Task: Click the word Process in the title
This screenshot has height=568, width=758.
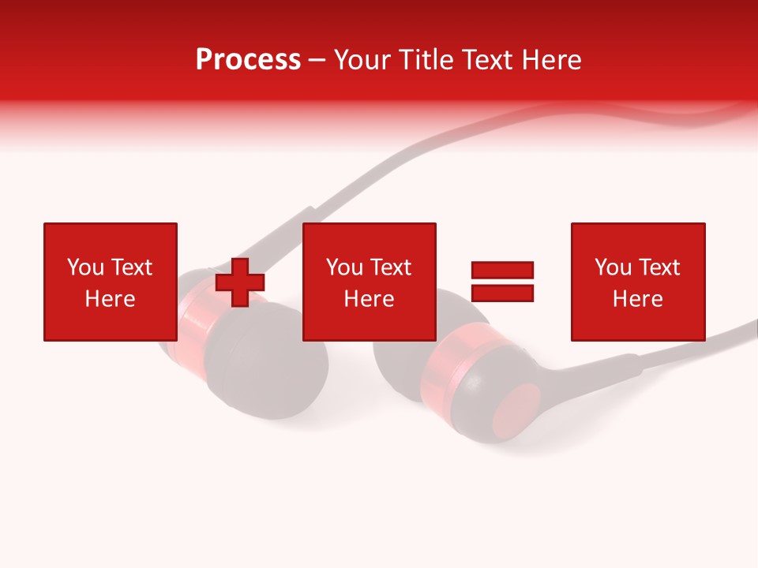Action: click(248, 60)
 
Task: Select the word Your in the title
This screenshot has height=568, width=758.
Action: click(362, 60)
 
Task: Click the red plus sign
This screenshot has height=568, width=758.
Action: click(240, 282)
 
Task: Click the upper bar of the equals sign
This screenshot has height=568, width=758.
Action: click(502, 271)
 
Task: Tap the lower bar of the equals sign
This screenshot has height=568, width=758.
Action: click(502, 293)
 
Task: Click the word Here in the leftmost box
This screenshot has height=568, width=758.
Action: click(110, 299)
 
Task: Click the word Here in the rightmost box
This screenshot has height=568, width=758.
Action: click(637, 299)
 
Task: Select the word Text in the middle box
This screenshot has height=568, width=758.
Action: click(390, 267)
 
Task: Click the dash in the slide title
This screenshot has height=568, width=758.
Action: click(317, 61)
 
